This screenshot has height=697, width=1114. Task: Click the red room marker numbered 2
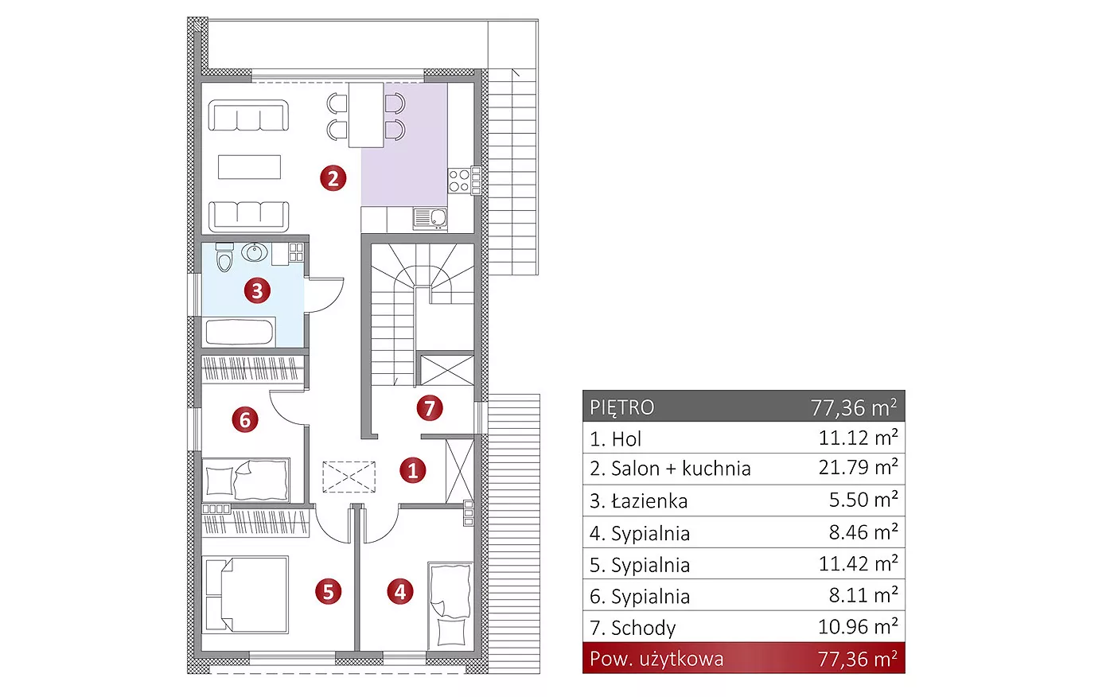(333, 178)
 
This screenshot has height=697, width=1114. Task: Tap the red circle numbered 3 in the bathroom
(257, 290)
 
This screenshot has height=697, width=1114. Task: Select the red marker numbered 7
(429, 408)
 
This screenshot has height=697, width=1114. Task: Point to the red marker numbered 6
(245, 419)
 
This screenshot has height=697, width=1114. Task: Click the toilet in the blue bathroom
(224, 257)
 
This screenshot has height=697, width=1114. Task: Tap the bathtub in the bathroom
(240, 332)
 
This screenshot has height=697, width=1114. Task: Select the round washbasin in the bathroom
(255, 252)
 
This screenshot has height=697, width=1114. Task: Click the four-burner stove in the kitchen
(459, 181)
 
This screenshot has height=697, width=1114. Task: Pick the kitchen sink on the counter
(430, 219)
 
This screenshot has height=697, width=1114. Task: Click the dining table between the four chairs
(366, 115)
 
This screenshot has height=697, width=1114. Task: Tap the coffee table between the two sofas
(249, 166)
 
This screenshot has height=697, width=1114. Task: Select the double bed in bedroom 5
(245, 594)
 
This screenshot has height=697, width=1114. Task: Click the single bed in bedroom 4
(450, 606)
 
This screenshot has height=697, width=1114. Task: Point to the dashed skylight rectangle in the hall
(349, 477)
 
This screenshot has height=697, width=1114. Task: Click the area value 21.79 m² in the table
(858, 467)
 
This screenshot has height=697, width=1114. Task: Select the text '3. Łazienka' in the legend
(638, 500)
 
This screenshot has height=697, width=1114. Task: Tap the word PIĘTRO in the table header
(621, 407)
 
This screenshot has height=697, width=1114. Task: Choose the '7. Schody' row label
(633, 628)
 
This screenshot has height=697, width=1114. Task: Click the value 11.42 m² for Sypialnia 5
(858, 564)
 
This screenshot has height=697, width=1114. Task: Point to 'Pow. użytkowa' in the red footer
(656, 659)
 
